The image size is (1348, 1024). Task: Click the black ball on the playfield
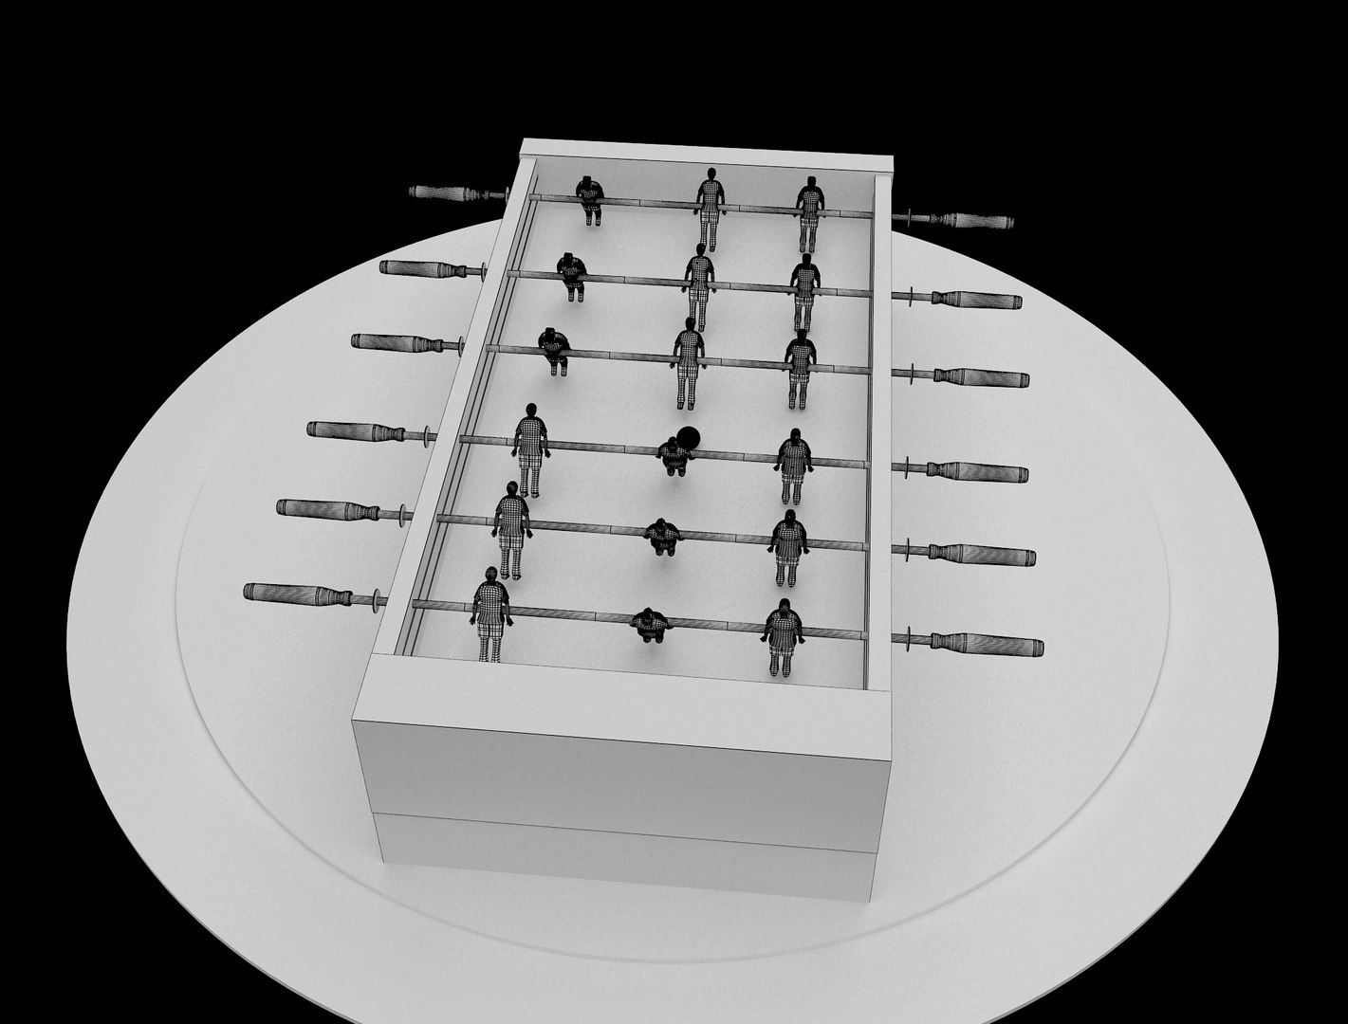(690, 437)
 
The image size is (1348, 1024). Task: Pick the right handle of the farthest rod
(977, 221)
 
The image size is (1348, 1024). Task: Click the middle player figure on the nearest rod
(651, 624)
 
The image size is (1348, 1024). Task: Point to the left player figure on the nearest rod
(490, 613)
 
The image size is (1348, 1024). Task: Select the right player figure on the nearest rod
(784, 635)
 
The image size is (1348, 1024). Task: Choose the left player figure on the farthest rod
(589, 200)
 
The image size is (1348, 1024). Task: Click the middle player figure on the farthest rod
(710, 205)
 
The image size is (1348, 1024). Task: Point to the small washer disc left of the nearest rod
(379, 599)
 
